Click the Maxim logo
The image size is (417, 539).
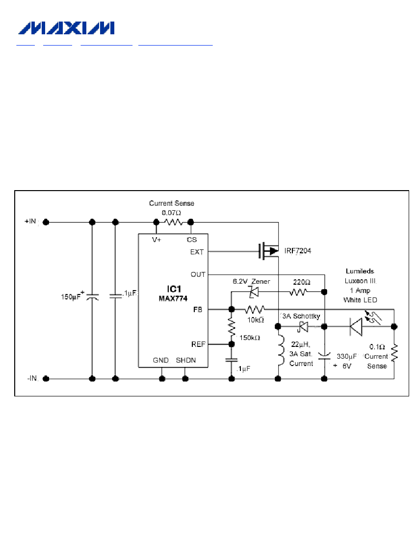tap(66, 28)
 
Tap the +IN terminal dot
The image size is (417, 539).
tap(46, 222)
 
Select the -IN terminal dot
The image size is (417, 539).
tap(46, 378)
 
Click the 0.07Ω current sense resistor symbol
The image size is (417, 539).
tap(173, 222)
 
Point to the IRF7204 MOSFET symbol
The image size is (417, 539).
tap(269, 251)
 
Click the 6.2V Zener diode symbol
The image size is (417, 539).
tap(254, 292)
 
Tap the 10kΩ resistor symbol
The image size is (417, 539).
tap(255, 309)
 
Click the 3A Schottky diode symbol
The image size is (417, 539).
tap(302, 326)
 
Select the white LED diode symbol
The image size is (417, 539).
tap(356, 326)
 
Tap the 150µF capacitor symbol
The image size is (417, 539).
tap(92, 297)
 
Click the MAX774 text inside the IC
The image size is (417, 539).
tap(173, 298)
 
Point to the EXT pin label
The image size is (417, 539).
tap(197, 252)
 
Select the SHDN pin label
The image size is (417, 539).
tap(186, 360)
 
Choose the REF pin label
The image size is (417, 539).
tap(198, 344)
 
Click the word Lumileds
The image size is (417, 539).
tap(360, 271)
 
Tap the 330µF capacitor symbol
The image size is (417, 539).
tap(324, 356)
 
